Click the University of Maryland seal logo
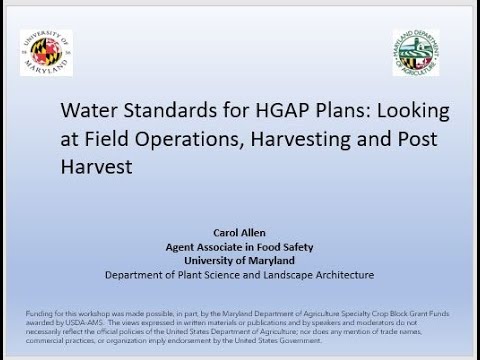[46, 50]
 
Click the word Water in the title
[87, 112]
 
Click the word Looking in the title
[411, 112]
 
